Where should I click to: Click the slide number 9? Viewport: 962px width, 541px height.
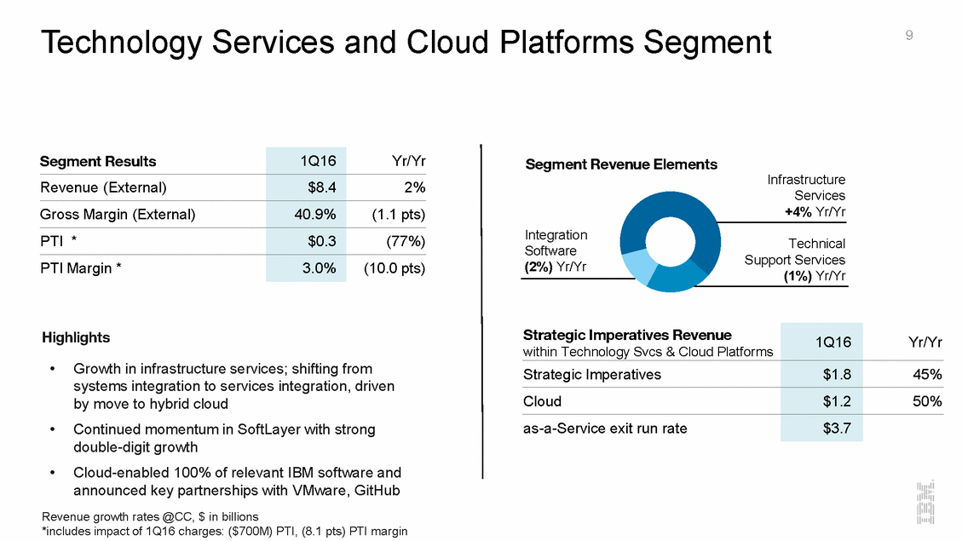tap(909, 35)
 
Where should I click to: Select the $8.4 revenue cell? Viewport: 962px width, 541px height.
tap(321, 187)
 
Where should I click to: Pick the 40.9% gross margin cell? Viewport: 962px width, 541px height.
tap(313, 215)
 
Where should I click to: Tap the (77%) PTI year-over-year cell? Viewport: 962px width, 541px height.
tap(406, 241)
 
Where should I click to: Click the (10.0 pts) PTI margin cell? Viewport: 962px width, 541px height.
tap(394, 268)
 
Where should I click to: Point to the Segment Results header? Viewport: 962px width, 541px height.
tap(98, 161)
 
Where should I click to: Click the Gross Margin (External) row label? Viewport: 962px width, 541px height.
tap(118, 215)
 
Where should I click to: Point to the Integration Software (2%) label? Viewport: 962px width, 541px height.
tap(556, 250)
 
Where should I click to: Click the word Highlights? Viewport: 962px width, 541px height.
tap(76, 337)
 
